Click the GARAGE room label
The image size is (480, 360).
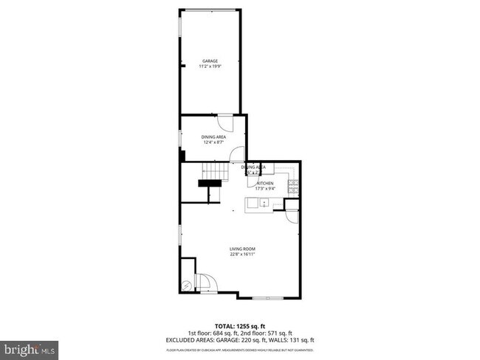(x=211, y=61)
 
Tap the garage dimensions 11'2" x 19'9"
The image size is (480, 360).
(x=211, y=67)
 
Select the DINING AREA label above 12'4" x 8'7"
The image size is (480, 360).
(x=213, y=137)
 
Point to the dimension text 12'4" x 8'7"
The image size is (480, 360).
(x=213, y=143)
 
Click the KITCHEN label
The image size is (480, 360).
(x=265, y=183)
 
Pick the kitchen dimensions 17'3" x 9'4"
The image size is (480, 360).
(x=265, y=189)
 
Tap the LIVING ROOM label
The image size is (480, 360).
(x=242, y=249)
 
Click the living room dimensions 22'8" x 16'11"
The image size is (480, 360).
(x=242, y=255)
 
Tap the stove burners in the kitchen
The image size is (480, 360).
(x=293, y=183)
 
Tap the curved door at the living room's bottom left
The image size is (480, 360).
(x=203, y=282)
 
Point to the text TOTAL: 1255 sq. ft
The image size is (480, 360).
(x=240, y=325)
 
